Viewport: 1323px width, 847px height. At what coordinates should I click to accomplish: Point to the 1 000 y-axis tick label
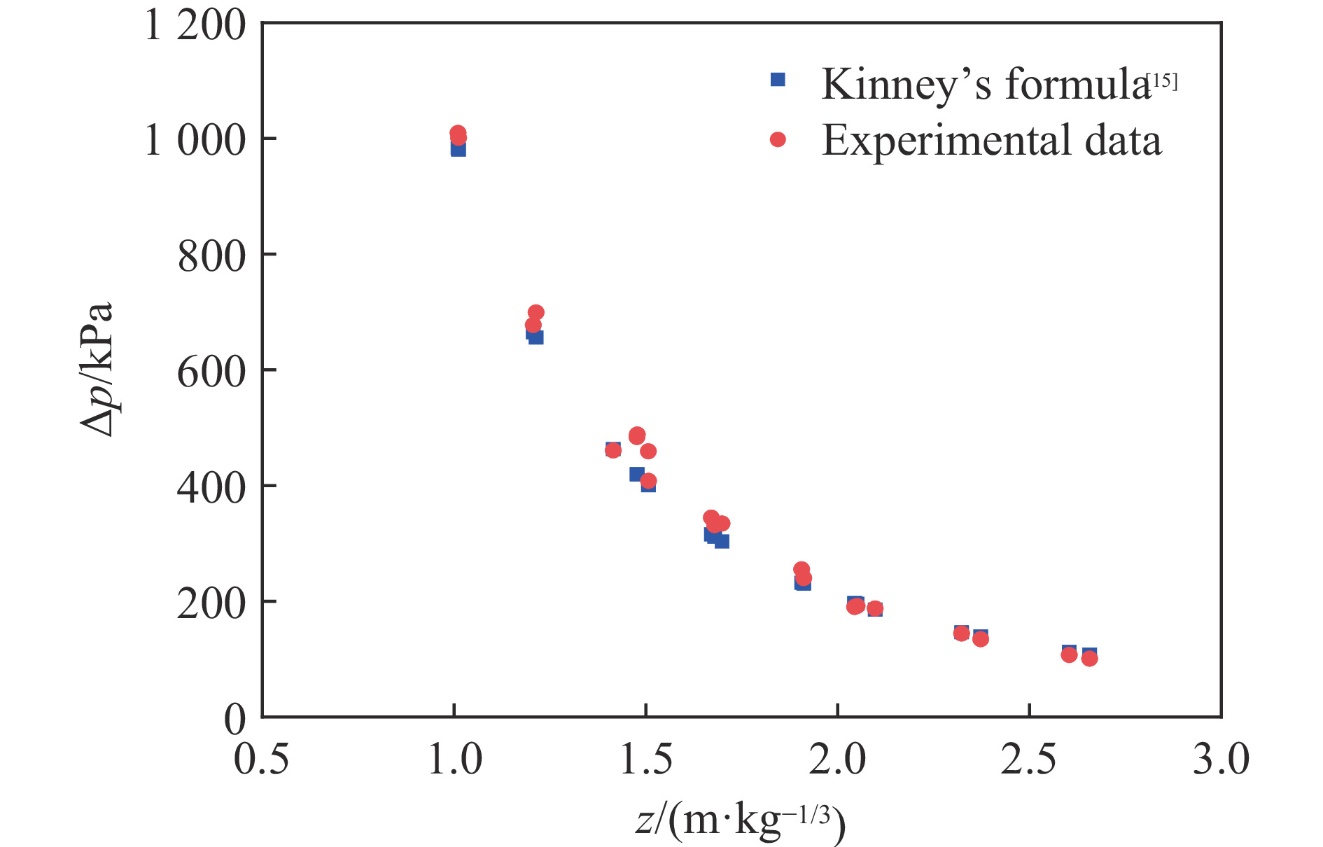[x=195, y=140]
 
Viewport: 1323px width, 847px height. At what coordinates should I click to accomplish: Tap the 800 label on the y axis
[x=211, y=256]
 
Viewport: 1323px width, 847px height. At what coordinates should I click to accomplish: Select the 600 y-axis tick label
[x=211, y=372]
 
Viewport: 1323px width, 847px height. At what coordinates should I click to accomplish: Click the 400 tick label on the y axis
[x=211, y=488]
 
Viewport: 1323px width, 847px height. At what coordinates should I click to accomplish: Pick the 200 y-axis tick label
[x=211, y=603]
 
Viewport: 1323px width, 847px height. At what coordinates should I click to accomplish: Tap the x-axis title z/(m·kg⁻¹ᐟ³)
[x=741, y=820]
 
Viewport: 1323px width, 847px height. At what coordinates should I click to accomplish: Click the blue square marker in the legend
[x=778, y=80]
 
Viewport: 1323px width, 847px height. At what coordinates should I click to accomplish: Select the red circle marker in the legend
[x=778, y=140]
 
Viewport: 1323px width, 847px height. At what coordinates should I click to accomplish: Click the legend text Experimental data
[x=991, y=140]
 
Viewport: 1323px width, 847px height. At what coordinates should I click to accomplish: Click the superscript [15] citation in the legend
[x=1164, y=81]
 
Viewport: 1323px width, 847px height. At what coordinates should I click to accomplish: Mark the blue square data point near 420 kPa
[x=636, y=475]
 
